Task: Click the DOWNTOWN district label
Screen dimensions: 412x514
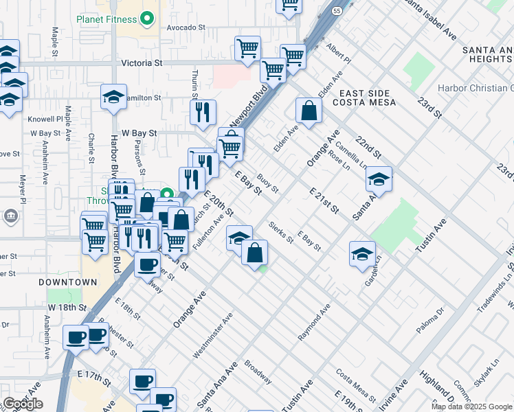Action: pos(67,282)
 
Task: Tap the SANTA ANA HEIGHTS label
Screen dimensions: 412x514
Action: pos(487,55)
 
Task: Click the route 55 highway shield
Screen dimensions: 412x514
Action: pos(335,12)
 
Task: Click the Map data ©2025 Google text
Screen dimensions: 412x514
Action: pos(472,407)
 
